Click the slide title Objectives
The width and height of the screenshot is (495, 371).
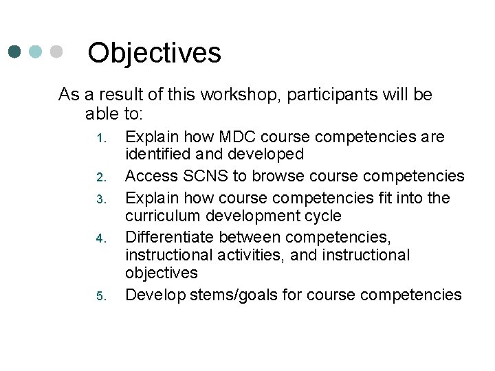pos(155,53)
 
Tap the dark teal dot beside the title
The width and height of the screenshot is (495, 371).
pos(16,52)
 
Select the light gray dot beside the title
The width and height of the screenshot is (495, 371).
pos(57,52)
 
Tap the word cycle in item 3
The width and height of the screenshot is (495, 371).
pos(323,216)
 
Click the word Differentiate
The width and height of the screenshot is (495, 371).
pos(165,237)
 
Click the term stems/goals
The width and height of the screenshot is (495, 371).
pos(223,295)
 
